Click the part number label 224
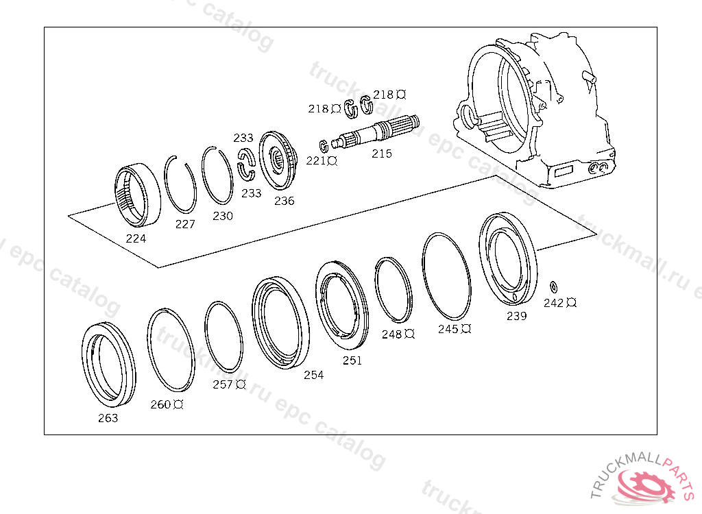click(136, 239)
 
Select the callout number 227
click(185, 224)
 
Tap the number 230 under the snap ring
click(223, 216)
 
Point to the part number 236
click(284, 201)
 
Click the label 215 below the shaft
click(382, 154)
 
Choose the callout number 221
click(316, 161)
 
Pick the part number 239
click(517, 316)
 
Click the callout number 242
click(553, 303)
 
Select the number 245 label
click(448, 329)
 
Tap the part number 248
click(392, 334)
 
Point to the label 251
click(352, 360)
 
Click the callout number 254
click(314, 375)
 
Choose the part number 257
click(223, 384)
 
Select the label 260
click(161, 404)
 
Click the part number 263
click(108, 418)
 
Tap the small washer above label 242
click(554, 284)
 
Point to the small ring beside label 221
click(324, 145)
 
